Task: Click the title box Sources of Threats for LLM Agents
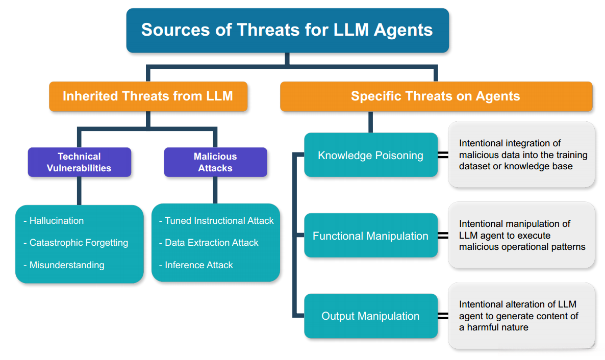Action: (x=288, y=30)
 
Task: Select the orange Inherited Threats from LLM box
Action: (x=148, y=96)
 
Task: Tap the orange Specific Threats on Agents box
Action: (x=436, y=96)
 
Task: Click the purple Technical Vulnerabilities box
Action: (x=79, y=162)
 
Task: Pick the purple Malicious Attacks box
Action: (x=215, y=162)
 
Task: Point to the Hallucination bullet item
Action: (x=54, y=221)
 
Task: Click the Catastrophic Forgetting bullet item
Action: (x=75, y=243)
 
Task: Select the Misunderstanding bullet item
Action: (x=64, y=265)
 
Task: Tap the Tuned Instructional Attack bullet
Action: (x=216, y=221)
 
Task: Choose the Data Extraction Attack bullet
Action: (x=209, y=243)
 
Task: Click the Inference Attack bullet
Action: (x=196, y=265)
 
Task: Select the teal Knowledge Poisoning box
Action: (x=371, y=155)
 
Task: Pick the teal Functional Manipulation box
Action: (x=371, y=236)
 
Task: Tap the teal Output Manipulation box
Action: (x=371, y=316)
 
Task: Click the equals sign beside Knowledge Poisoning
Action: (x=443, y=155)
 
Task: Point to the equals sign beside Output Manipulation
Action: (x=443, y=316)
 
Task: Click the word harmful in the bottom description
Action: (x=483, y=327)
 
